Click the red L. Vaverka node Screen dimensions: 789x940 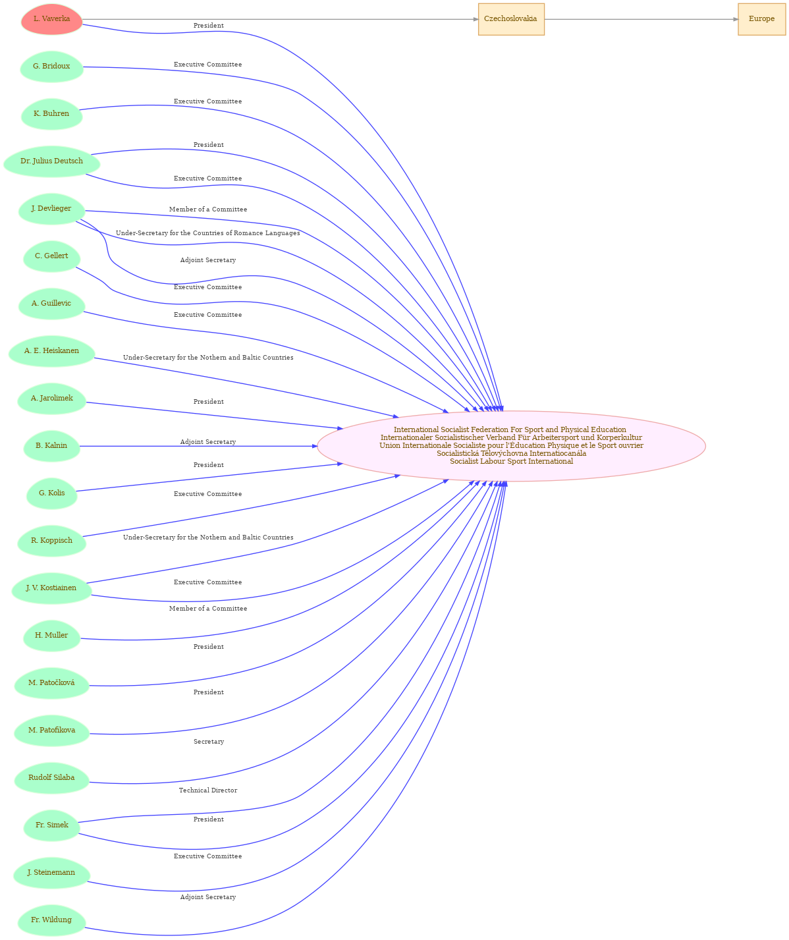(x=52, y=19)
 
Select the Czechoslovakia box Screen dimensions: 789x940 (x=511, y=19)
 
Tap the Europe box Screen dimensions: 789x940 (x=761, y=19)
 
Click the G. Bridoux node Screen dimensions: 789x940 (x=52, y=67)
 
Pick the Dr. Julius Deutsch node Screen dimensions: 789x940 (x=52, y=161)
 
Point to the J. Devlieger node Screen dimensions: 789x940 (x=52, y=209)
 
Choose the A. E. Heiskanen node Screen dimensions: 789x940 (x=52, y=351)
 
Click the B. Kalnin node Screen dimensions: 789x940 (x=52, y=446)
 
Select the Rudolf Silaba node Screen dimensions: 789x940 (x=52, y=777)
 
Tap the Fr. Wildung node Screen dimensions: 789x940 (x=52, y=920)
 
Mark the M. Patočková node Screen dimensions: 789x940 (x=52, y=683)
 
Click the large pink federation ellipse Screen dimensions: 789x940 (x=511, y=446)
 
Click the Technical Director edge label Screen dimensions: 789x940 (x=208, y=790)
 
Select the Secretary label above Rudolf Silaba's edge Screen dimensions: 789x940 (x=208, y=742)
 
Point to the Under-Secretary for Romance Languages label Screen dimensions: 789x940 (x=207, y=233)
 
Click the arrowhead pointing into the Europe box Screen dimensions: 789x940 (x=736, y=19)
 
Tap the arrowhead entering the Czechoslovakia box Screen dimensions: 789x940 (x=476, y=19)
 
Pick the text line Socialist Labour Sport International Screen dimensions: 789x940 (x=511, y=462)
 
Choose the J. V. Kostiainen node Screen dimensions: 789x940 (x=52, y=588)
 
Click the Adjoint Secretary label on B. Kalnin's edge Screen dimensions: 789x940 (x=208, y=442)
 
